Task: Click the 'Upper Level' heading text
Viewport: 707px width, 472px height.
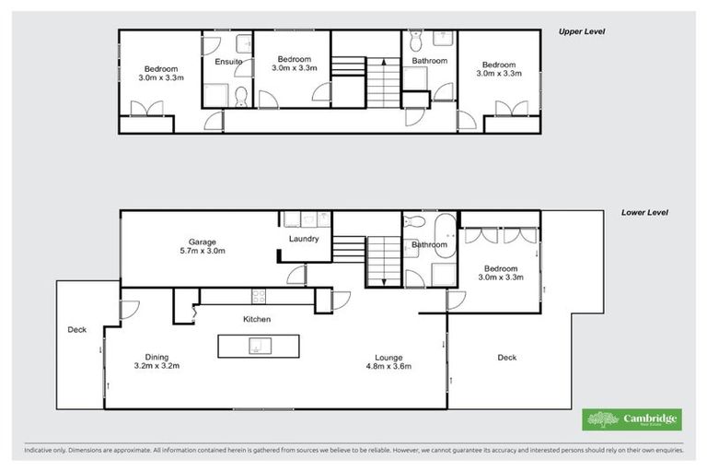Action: coord(583,31)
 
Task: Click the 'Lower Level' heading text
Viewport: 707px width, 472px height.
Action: coord(643,212)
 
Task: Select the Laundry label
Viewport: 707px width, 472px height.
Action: coord(303,239)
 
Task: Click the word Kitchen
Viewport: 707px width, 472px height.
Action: coord(256,319)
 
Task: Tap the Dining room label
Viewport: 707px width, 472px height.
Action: coord(156,356)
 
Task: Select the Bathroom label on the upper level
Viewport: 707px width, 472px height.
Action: coord(429,61)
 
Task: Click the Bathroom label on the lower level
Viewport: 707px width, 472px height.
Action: coord(429,245)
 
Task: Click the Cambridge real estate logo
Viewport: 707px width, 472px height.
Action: coord(632,420)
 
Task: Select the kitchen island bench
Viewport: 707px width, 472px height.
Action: coord(260,346)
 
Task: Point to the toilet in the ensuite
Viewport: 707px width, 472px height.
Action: coord(240,96)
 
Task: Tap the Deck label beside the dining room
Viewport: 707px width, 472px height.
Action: coord(75,329)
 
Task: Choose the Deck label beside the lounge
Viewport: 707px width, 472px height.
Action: coord(506,357)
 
